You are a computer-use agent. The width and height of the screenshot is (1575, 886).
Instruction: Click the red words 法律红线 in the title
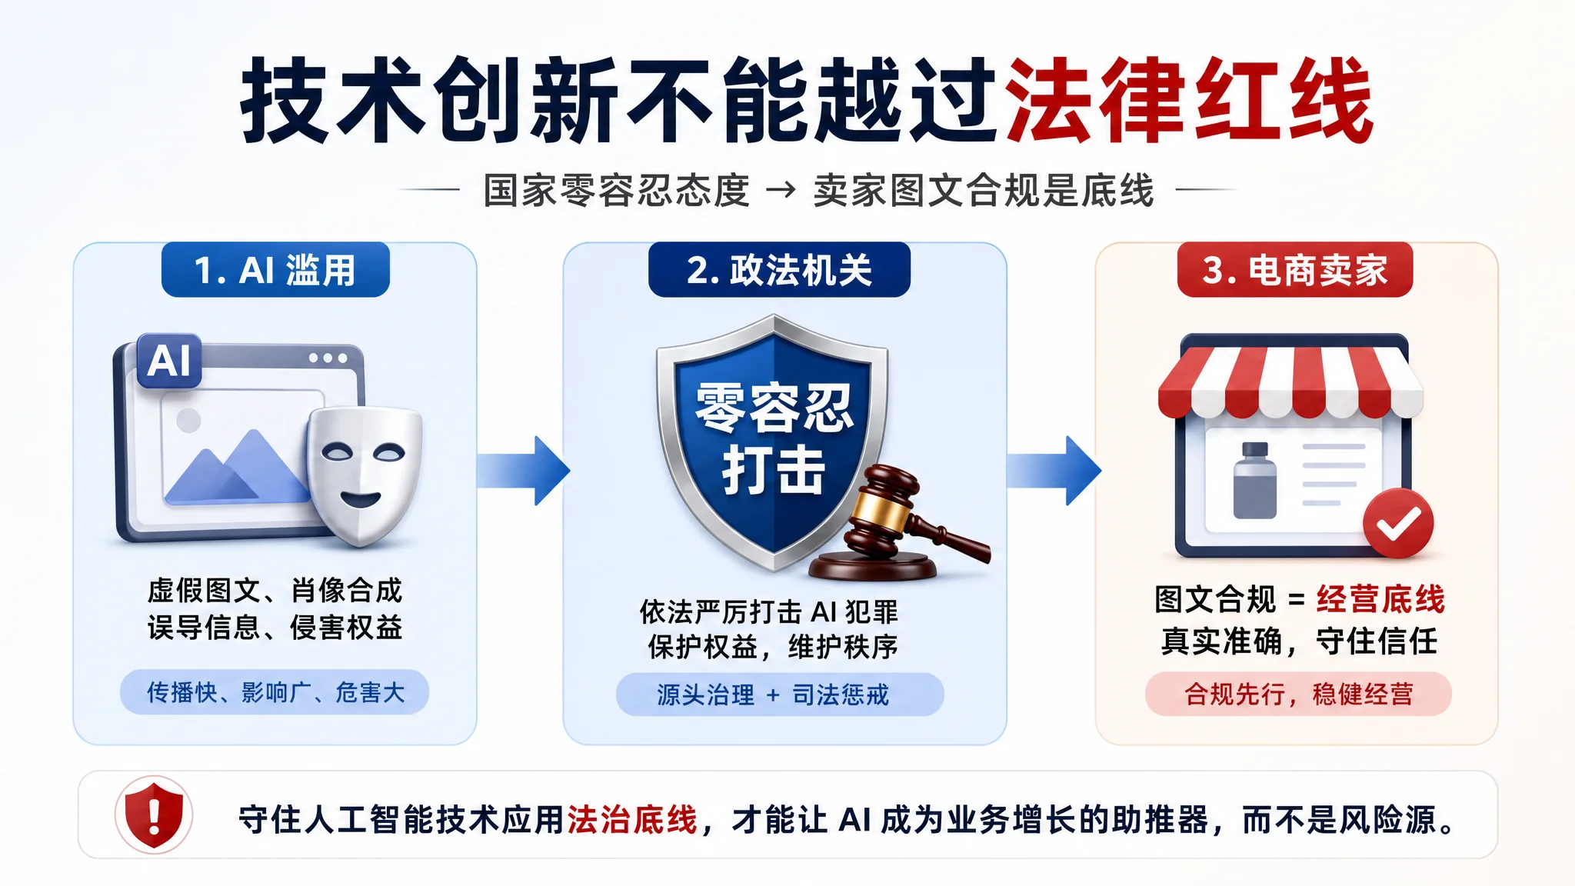click(x=1188, y=100)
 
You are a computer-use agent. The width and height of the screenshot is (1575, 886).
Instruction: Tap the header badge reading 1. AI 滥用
click(x=275, y=270)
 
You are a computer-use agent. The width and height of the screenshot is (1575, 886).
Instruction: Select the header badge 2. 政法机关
click(x=779, y=270)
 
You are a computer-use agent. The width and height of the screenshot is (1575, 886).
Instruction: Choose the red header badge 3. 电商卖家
click(x=1295, y=270)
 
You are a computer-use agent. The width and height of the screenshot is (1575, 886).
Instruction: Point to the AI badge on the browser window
click(x=169, y=361)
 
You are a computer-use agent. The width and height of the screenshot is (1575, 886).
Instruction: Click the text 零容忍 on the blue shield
click(x=774, y=408)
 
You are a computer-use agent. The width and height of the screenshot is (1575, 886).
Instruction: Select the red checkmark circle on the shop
click(x=1398, y=524)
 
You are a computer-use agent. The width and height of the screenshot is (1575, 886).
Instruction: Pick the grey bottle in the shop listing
click(x=1255, y=481)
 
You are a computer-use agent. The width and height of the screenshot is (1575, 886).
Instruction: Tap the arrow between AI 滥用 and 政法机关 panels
click(x=523, y=471)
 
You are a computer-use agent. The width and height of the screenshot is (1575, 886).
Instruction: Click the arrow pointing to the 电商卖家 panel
click(x=1054, y=471)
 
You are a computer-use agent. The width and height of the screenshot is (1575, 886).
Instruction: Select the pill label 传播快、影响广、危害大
click(x=275, y=692)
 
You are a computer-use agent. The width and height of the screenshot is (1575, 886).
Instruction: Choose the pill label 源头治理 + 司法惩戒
click(x=780, y=694)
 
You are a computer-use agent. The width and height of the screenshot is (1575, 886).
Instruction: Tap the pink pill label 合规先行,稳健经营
click(x=1298, y=694)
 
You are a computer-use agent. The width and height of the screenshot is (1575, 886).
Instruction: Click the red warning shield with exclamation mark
click(x=154, y=815)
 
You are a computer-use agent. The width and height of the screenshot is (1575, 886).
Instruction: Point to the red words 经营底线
click(x=1380, y=599)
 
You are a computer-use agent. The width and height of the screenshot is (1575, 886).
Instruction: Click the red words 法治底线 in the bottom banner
click(x=632, y=820)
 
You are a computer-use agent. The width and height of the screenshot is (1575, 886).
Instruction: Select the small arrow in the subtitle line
click(x=781, y=189)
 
